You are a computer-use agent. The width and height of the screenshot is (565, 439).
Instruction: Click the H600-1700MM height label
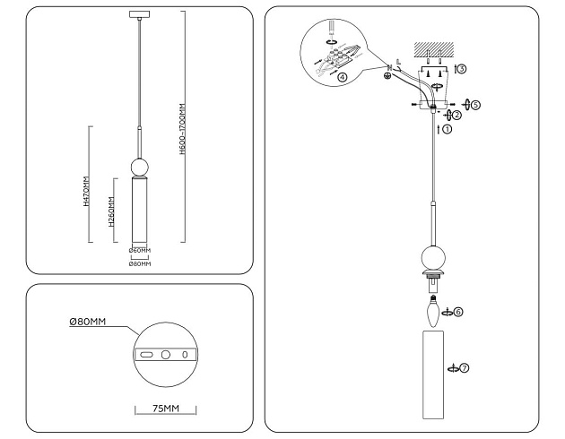click(182, 131)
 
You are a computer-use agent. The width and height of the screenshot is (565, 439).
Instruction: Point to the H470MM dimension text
click(85, 192)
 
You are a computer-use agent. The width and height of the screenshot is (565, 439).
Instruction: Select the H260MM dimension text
click(110, 213)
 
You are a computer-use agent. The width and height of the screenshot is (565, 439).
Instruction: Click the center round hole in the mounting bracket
click(166, 355)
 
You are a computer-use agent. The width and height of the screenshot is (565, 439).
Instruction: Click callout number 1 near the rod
click(448, 129)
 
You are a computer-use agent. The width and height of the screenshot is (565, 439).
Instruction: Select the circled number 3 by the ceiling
click(462, 68)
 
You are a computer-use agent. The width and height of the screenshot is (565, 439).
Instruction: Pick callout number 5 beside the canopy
click(475, 105)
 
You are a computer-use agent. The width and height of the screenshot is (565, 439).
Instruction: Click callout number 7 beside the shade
click(465, 367)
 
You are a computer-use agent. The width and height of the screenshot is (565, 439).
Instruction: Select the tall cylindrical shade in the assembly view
click(434, 374)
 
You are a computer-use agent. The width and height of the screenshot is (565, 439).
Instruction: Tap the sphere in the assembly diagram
click(434, 257)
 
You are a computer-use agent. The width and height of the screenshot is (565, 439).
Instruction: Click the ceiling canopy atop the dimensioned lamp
click(140, 13)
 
